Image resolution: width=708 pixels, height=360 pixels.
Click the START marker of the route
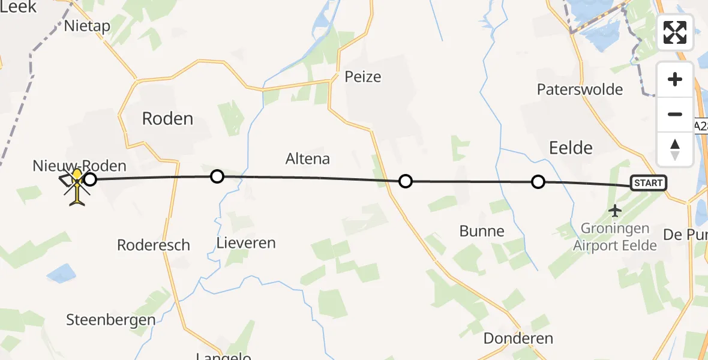[648, 183]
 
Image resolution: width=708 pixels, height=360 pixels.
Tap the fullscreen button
[675, 32]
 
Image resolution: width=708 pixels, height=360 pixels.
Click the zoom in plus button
[675, 79]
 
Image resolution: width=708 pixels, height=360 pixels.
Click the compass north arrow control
[675, 149]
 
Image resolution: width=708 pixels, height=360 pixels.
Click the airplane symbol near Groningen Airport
[614, 211]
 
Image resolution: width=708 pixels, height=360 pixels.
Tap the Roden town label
[167, 118]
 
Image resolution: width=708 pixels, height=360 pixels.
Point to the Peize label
[363, 77]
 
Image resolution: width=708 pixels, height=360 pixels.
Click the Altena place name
[308, 159]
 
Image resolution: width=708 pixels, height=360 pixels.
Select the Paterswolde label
[580, 90]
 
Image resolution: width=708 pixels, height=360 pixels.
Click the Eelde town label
[571, 148]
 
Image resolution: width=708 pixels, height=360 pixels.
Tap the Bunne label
[482, 231]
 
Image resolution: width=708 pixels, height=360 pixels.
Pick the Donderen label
[518, 338]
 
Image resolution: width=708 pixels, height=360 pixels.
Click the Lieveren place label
[246, 243]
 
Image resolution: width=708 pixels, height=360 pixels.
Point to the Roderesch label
[154, 245]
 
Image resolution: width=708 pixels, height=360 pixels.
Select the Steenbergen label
[111, 320]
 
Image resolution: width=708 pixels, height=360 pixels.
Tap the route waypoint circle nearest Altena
[217, 176]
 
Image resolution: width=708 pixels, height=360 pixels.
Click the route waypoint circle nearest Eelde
[538, 182]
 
